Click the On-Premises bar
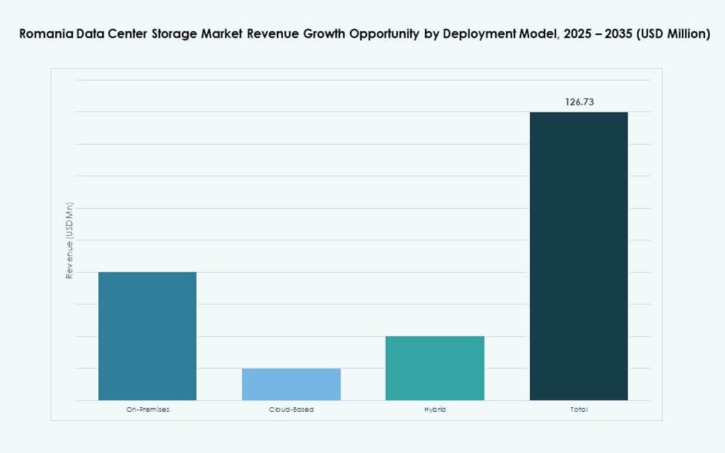[x=147, y=336]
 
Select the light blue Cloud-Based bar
[x=291, y=384]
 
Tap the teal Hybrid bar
[x=435, y=368]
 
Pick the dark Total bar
[x=578, y=256]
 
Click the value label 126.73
[x=579, y=102]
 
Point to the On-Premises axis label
[x=147, y=410]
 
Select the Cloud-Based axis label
[x=291, y=410]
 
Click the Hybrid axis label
[x=435, y=410]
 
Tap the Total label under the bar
[x=578, y=410]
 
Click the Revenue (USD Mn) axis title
[x=69, y=240]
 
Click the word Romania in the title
[x=42, y=35]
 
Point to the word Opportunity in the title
[x=385, y=35]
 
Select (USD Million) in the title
[x=673, y=35]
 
